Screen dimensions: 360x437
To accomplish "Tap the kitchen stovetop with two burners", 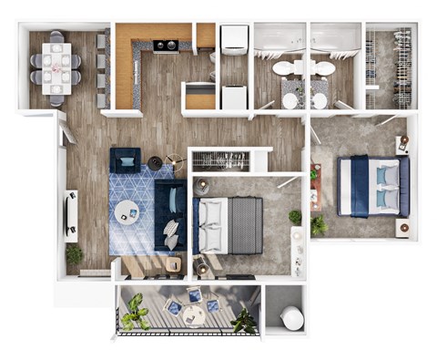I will (165, 45).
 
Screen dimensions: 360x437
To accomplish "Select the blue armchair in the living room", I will (126, 159).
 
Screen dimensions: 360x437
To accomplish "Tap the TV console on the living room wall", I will (71, 214).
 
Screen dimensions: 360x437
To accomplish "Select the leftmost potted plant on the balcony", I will (136, 312).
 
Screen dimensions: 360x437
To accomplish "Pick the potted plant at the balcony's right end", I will (244, 320).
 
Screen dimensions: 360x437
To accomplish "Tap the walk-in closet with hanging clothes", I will (390, 66).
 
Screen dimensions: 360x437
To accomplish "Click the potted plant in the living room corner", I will (74, 254).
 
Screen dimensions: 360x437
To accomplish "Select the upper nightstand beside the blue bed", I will (402, 144).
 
